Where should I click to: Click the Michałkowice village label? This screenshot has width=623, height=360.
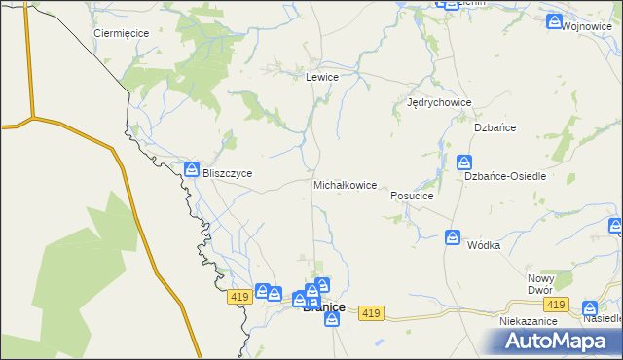click(x=345, y=185)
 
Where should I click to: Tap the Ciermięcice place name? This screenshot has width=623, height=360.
click(x=121, y=33)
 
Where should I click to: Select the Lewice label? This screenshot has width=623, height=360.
click(x=322, y=77)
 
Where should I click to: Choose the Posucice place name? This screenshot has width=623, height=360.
click(x=411, y=196)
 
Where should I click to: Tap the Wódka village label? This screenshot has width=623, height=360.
click(x=483, y=245)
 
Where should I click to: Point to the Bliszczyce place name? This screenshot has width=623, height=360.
click(x=227, y=173)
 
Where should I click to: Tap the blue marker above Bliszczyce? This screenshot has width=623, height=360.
click(x=193, y=168)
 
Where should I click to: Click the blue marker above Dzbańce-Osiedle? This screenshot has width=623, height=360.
click(x=465, y=162)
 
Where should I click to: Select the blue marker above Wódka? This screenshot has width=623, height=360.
click(x=453, y=236)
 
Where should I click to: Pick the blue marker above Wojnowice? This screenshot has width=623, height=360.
click(x=554, y=20)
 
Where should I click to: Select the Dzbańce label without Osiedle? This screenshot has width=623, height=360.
click(x=494, y=127)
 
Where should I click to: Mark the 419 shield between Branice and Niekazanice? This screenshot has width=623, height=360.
click(x=369, y=312)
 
